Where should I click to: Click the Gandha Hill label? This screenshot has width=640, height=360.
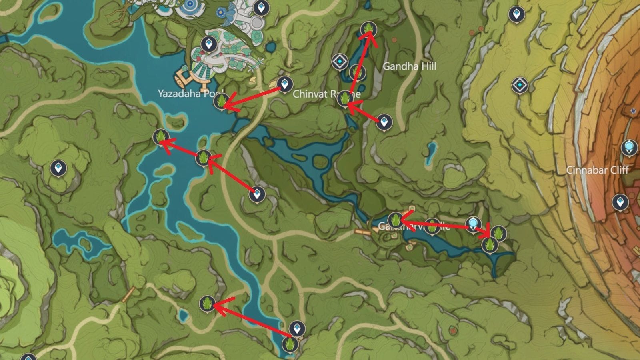coord(409,66)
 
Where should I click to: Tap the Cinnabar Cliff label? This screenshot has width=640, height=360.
coord(597,170)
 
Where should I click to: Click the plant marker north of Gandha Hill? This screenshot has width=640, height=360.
coord(368,29)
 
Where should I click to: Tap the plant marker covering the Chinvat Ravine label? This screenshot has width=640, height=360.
coord(344,98)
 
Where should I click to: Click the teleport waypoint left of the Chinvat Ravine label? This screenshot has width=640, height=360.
coord(284,84)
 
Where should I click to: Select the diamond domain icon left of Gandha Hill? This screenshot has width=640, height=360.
coord(340,62)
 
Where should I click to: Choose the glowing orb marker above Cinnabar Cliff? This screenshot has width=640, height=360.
coord(629,147)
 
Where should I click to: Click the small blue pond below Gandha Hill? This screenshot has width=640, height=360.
coord(430,154)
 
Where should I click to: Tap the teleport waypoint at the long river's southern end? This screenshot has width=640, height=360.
coord(297,329)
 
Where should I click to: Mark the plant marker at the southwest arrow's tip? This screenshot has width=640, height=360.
coord(207,304)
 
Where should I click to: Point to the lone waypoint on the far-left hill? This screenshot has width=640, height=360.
coord(58,168)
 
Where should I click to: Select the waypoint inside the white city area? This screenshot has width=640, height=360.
coord(208,44)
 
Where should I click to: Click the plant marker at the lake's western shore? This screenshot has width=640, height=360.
coord(161,137)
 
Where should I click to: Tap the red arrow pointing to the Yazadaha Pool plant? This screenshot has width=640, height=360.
coord(252,98)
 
